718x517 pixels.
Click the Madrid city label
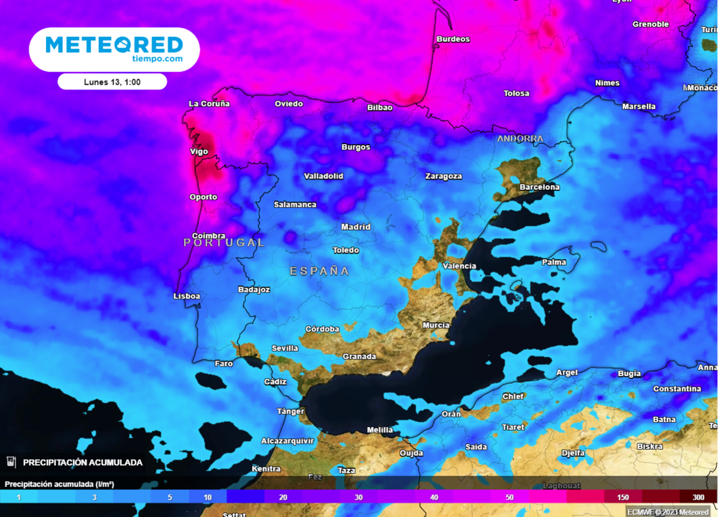(356, 227)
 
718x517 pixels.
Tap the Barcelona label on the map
(540, 187)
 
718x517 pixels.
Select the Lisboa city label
(187, 296)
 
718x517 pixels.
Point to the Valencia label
(459, 266)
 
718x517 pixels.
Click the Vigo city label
(199, 151)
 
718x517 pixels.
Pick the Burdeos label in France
(453, 39)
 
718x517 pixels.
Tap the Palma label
(554, 262)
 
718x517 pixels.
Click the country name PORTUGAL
(224, 242)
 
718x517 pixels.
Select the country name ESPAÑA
(319, 271)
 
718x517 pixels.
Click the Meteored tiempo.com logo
(114, 49)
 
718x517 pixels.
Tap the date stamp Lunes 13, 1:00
(112, 82)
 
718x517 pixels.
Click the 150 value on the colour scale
(623, 497)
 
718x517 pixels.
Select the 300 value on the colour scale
(698, 497)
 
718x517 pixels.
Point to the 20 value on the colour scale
(283, 497)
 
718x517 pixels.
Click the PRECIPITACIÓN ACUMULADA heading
(82, 463)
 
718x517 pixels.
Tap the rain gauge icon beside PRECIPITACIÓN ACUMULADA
(11, 462)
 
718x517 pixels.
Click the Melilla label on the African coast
(380, 430)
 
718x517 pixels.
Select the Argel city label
(567, 372)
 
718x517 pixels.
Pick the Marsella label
(639, 107)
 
